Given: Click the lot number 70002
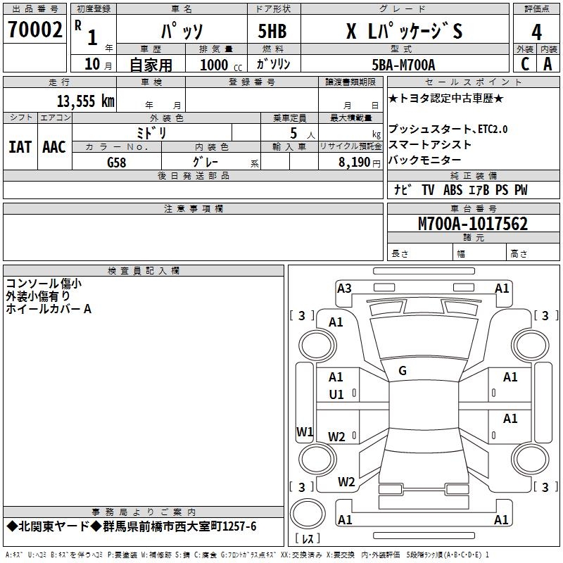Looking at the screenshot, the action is click(x=34, y=30).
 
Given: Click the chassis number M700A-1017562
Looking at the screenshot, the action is click(x=472, y=224).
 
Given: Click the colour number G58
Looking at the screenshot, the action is click(x=118, y=162).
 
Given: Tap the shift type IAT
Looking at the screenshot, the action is click(x=20, y=146).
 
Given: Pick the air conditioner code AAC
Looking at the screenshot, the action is click(x=54, y=146).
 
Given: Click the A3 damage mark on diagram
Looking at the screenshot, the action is click(x=344, y=288).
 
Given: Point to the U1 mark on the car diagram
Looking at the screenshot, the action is click(x=336, y=395).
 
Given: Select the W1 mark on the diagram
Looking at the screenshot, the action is click(x=304, y=431).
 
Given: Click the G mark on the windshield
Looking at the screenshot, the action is click(x=403, y=370).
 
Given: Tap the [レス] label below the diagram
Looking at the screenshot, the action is click(x=307, y=539).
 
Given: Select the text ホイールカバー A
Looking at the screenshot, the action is click(x=49, y=308).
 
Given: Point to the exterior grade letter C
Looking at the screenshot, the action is click(x=524, y=64).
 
